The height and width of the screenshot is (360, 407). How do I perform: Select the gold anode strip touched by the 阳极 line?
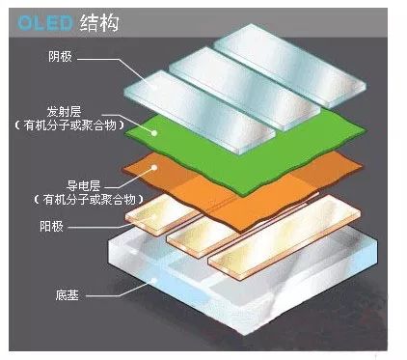coord(164,220)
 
